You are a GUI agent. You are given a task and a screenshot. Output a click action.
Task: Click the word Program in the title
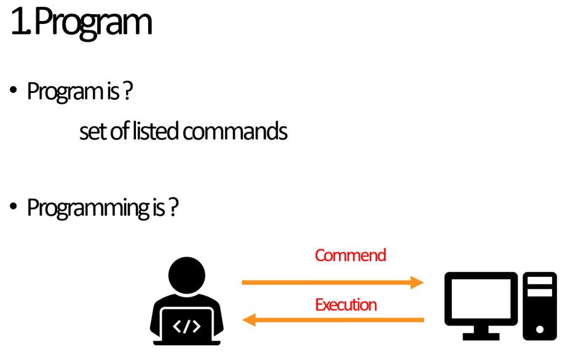click(x=92, y=23)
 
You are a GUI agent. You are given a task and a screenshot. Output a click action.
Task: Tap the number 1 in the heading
click(x=19, y=23)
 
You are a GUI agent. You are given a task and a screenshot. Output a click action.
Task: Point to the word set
click(x=92, y=132)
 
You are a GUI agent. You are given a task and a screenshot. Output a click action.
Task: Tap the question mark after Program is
click(x=128, y=92)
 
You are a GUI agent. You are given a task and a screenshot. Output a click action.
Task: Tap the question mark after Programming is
click(x=173, y=208)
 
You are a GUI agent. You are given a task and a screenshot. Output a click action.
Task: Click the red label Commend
click(x=350, y=255)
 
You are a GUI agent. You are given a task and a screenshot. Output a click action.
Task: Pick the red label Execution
click(x=346, y=305)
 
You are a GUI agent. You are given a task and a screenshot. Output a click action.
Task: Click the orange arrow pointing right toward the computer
click(x=332, y=282)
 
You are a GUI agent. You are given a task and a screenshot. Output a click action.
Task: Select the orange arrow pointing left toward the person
click(x=332, y=319)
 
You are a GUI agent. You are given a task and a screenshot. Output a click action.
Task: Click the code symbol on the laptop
click(x=186, y=326)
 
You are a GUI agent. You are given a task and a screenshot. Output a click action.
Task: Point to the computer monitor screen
click(x=481, y=299)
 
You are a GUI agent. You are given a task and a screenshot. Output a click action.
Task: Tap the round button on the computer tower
click(x=539, y=329)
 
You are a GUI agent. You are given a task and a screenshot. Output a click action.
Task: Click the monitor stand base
click(x=481, y=336)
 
